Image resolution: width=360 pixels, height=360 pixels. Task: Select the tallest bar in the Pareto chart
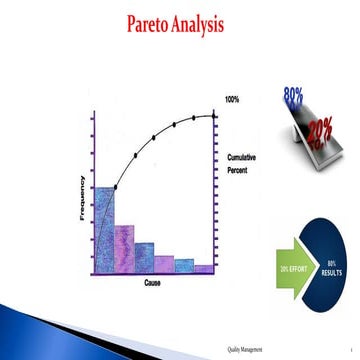103,229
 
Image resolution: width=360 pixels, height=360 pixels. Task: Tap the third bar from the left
144,257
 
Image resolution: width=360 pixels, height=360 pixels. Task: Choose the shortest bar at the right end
205,268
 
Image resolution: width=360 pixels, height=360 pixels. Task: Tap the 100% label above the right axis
231,100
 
